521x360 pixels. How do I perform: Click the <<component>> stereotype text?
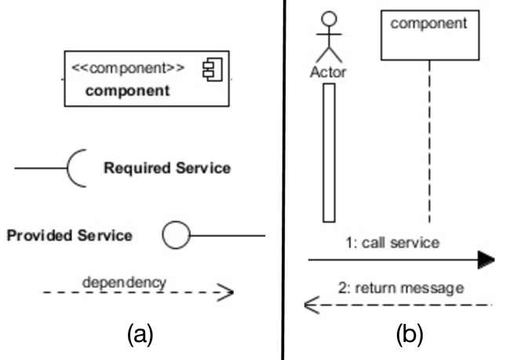(x=128, y=67)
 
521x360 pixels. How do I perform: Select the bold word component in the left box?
(x=127, y=90)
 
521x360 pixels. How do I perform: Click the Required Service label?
(x=167, y=168)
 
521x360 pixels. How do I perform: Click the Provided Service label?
(x=69, y=235)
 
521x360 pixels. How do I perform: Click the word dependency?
(x=124, y=280)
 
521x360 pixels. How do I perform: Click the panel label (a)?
(x=139, y=335)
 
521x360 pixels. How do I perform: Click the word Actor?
(x=329, y=72)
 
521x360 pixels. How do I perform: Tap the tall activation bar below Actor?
(x=329, y=152)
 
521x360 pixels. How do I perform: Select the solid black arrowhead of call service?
(x=486, y=260)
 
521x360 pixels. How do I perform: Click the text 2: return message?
(x=399, y=288)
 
